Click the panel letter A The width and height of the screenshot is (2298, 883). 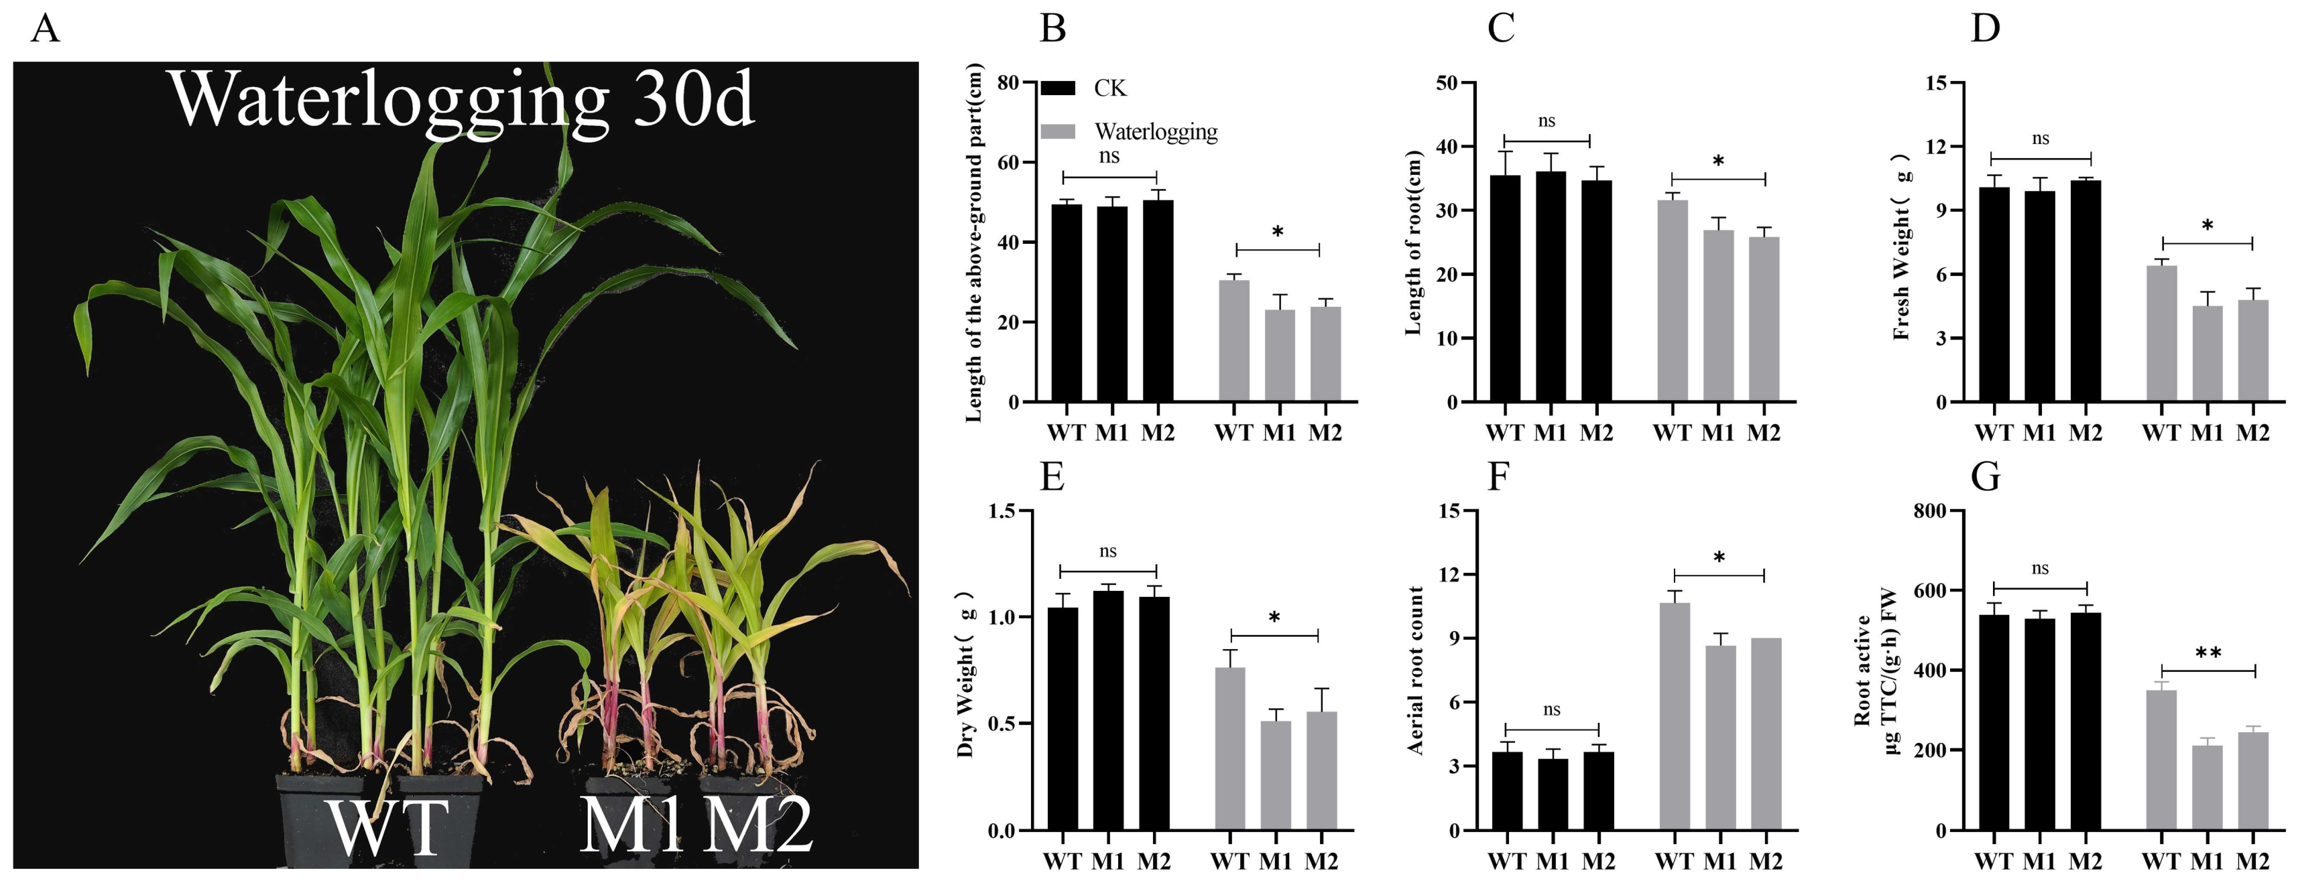pyautogui.click(x=45, y=29)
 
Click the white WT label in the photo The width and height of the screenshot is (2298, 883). pyautogui.click(x=386, y=827)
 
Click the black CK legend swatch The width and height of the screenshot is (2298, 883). pyautogui.click(x=1058, y=87)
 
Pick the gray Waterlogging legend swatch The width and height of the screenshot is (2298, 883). pyautogui.click(x=1058, y=131)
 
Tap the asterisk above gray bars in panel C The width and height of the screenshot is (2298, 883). pyautogui.click(x=1718, y=162)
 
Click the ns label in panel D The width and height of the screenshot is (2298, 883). pyautogui.click(x=2040, y=139)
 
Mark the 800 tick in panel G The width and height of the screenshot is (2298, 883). pyautogui.click(x=1931, y=511)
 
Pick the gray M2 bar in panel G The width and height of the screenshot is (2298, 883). pyautogui.click(x=2252, y=780)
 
